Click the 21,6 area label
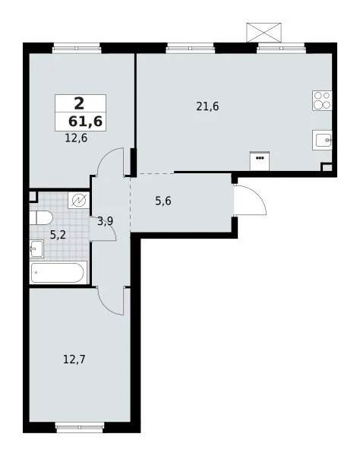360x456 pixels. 207,106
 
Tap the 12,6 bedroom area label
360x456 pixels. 76,138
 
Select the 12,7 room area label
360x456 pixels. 74,359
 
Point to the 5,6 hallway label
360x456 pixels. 163,201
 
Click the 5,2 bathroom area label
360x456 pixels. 58,235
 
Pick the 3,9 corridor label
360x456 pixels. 105,222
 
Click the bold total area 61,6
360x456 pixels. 85,121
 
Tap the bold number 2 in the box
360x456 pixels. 79,103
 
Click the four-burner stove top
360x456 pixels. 322,100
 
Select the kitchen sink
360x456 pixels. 322,140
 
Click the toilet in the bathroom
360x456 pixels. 41,218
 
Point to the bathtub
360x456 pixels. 58,273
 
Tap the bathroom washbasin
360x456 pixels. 36,249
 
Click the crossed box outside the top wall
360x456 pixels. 264,32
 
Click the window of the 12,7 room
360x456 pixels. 79,427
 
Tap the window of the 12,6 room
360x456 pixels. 77,48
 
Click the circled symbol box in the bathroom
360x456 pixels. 79,200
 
